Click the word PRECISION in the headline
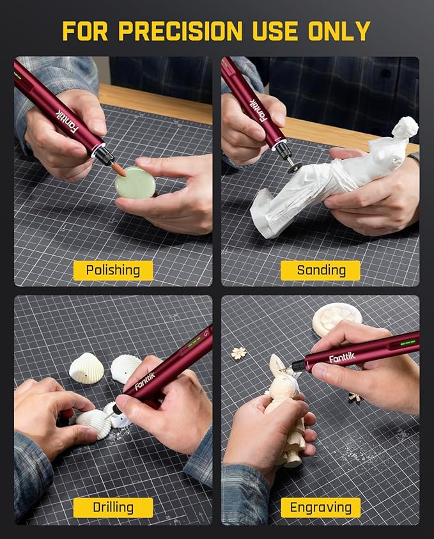(x=180, y=31)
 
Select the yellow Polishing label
(x=113, y=270)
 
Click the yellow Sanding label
(x=321, y=270)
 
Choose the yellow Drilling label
(x=113, y=508)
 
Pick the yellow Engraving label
(x=321, y=508)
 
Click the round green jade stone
(x=136, y=183)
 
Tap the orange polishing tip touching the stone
(x=118, y=169)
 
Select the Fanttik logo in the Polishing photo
(x=66, y=122)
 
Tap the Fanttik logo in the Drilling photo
(x=145, y=381)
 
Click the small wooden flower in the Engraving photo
(x=239, y=353)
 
